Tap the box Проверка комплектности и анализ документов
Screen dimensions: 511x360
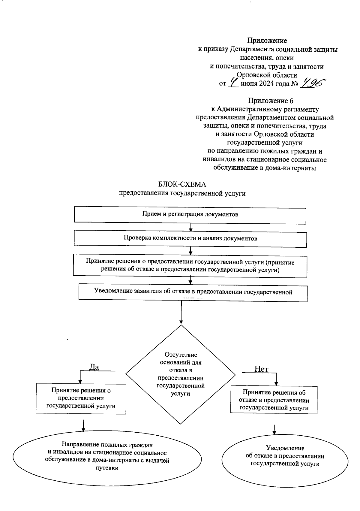tap(190, 238)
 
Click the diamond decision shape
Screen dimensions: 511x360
tap(181, 374)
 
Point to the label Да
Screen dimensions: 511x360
tap(94, 367)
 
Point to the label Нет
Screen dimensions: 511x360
tap(261, 369)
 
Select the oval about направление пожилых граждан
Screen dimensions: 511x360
tap(107, 460)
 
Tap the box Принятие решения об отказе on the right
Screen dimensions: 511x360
tap(274, 400)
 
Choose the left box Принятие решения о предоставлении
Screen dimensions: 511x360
tap(81, 398)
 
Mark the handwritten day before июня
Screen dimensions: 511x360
tap(233, 82)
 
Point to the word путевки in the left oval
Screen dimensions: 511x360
tap(107, 468)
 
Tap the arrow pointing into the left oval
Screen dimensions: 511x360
tap(83, 425)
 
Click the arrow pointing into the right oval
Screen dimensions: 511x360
tap(274, 429)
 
